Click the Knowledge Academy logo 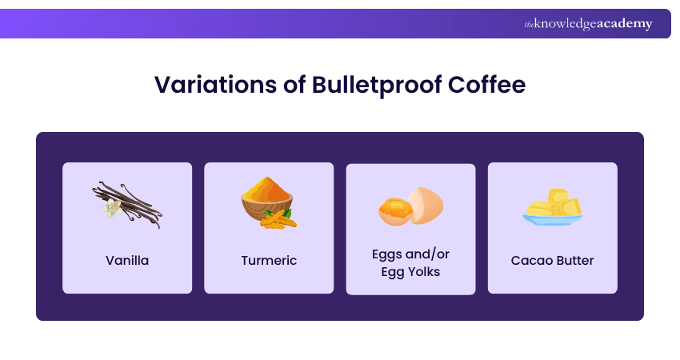click(x=588, y=24)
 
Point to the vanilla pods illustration click(x=128, y=203)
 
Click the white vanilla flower click(x=110, y=209)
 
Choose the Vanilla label click(x=127, y=260)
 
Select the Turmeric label click(x=269, y=260)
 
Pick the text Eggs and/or click(x=410, y=254)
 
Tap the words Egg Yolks click(x=410, y=271)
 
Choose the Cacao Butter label click(x=552, y=260)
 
